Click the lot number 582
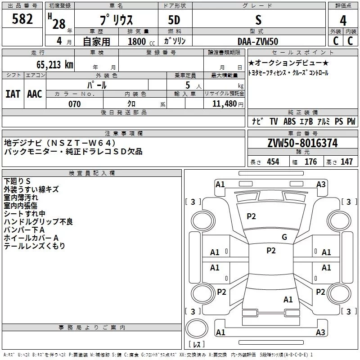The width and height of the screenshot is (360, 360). point(22,19)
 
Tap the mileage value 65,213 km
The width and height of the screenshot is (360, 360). point(55,65)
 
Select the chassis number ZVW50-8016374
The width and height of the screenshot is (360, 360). point(302,143)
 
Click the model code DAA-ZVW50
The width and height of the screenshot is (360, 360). point(258,41)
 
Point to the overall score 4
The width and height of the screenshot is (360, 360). point(343,21)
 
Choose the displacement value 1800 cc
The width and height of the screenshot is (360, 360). point(141,41)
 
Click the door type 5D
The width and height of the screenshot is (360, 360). point(174,20)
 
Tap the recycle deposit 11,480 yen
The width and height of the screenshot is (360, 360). point(228,104)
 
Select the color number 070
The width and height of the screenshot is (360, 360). point(75,104)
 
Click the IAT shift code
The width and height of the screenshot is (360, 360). point(13,94)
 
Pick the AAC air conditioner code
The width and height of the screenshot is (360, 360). point(35,94)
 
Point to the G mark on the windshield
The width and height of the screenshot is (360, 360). point(284,237)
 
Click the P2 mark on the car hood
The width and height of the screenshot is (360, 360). point(251,216)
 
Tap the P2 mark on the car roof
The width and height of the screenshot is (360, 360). point(271,251)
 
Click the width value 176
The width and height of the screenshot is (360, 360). point(310,162)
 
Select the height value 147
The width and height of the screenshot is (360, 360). point(346,162)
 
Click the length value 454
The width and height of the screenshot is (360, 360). point(273,162)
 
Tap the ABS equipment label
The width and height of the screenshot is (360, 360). point(289,121)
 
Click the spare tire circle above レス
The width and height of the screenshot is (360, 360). point(197,328)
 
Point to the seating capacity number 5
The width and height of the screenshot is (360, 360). point(188,85)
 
